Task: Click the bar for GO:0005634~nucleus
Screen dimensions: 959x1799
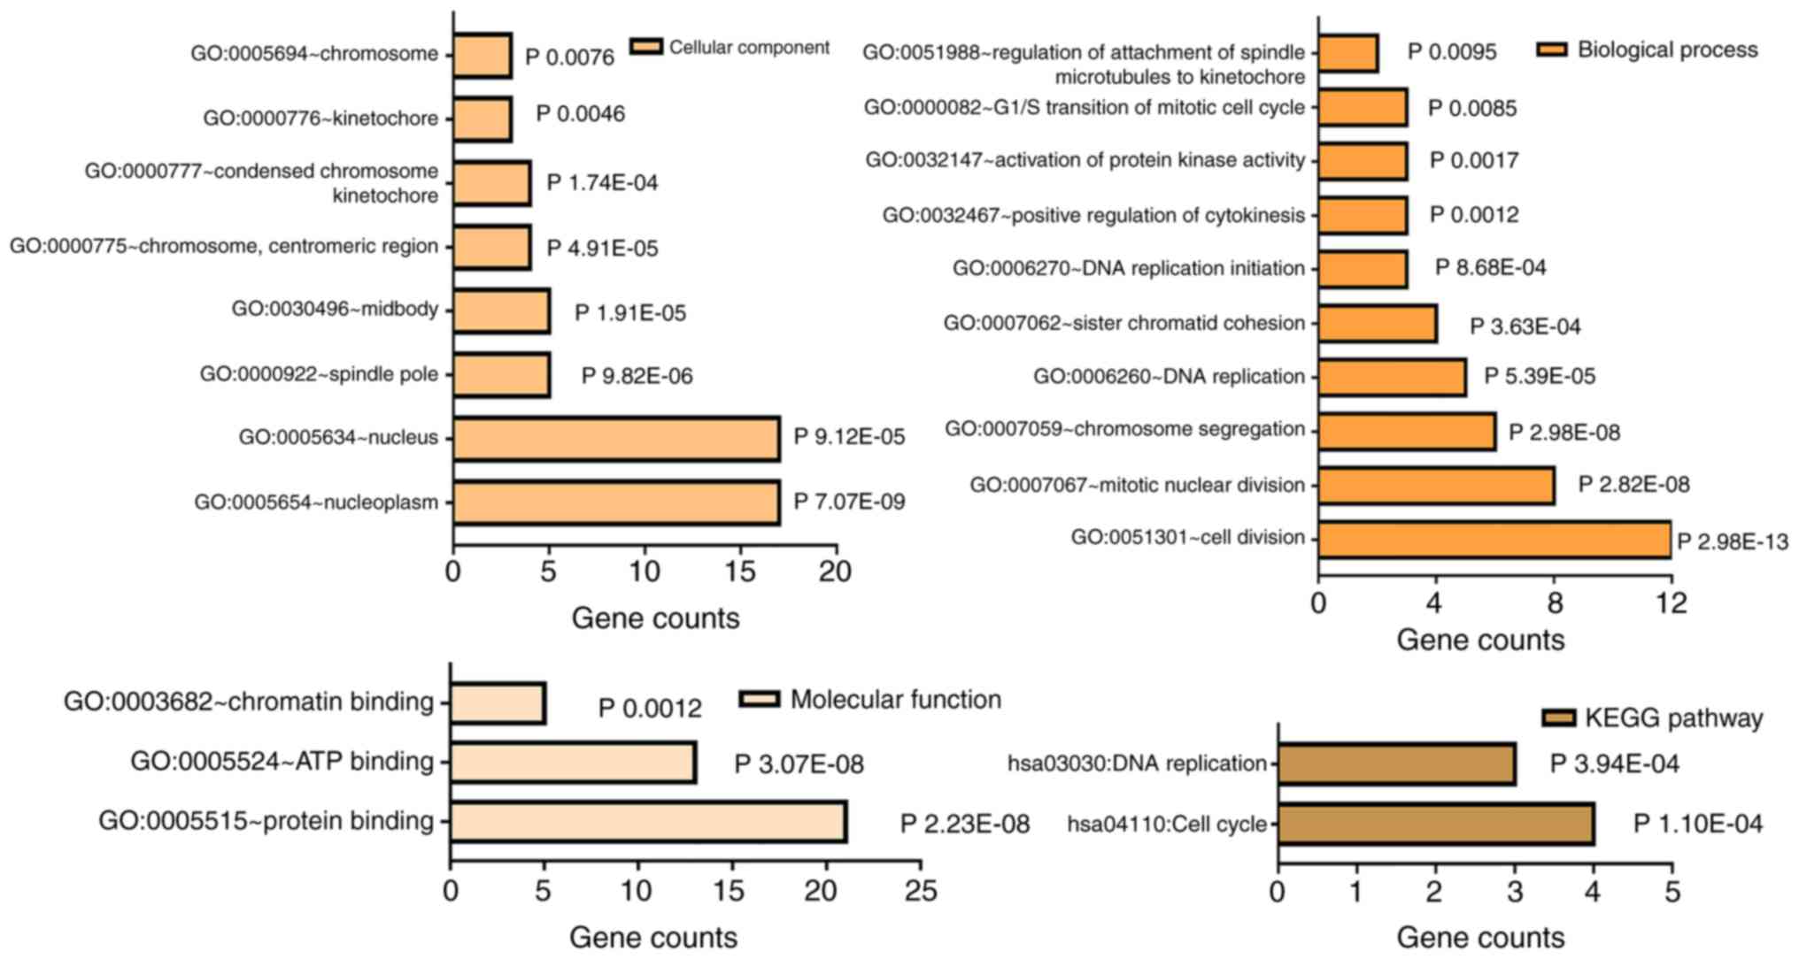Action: [616, 439]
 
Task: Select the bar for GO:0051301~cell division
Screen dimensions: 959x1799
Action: [1494, 540]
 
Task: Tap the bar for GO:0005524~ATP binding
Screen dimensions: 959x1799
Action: [573, 763]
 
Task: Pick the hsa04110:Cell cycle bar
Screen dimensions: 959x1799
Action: [1435, 825]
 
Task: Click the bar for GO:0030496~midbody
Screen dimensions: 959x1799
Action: [501, 311]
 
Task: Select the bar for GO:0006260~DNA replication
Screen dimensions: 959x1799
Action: [1391, 377]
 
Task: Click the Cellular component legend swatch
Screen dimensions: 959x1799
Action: [646, 47]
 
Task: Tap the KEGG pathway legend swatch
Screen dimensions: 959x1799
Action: [1558, 717]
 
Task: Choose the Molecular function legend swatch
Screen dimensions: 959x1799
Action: [760, 700]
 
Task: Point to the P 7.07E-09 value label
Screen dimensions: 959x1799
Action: [849, 503]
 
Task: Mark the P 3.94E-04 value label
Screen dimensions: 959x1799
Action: [1614, 764]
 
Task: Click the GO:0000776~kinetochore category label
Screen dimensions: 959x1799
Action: [320, 119]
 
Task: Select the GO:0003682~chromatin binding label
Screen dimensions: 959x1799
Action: [249, 702]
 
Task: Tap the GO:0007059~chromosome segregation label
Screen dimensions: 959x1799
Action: [1124, 430]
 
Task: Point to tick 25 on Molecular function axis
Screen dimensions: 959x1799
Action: [921, 890]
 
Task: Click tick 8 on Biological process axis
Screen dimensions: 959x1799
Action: [1554, 603]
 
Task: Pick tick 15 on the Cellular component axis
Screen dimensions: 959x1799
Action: [740, 572]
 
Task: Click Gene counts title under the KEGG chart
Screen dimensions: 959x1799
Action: [1480, 938]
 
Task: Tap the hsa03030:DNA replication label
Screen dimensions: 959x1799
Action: [1137, 763]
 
